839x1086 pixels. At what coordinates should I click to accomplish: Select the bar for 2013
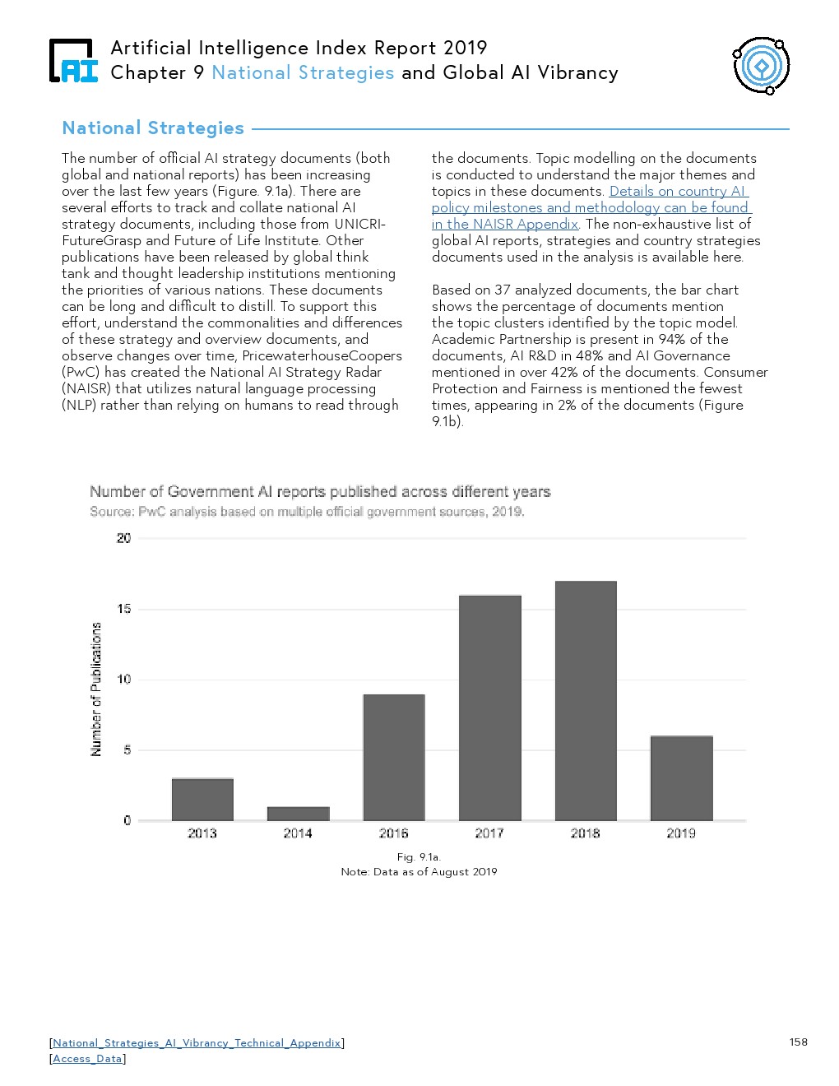point(202,799)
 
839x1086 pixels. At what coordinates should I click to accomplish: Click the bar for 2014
point(298,814)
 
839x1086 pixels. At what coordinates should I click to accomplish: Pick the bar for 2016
point(394,757)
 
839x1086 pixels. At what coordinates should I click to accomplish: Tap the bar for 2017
point(489,708)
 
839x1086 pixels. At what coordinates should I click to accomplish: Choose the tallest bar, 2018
point(586,700)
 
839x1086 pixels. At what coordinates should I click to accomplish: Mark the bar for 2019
point(681,777)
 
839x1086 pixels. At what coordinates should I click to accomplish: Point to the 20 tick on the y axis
point(123,538)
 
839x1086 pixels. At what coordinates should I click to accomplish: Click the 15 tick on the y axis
point(123,609)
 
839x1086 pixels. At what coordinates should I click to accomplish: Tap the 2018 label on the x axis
point(586,833)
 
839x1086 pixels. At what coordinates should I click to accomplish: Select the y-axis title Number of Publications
point(96,689)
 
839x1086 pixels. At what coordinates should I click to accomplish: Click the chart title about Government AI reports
point(320,492)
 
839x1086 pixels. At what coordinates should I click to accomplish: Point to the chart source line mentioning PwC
point(307,512)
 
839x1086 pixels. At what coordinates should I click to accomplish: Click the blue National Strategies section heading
point(153,128)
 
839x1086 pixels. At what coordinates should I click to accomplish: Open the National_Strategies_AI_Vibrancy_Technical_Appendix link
point(197,1043)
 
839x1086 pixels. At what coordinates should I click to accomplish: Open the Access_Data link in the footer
point(87,1059)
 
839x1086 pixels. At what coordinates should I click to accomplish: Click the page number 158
point(798,1042)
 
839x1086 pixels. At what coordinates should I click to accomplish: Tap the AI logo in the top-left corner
point(73,62)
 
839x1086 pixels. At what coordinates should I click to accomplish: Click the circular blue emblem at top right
point(762,66)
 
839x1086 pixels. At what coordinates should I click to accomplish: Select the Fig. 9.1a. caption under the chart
point(419,857)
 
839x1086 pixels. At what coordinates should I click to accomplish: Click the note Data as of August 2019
point(419,872)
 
